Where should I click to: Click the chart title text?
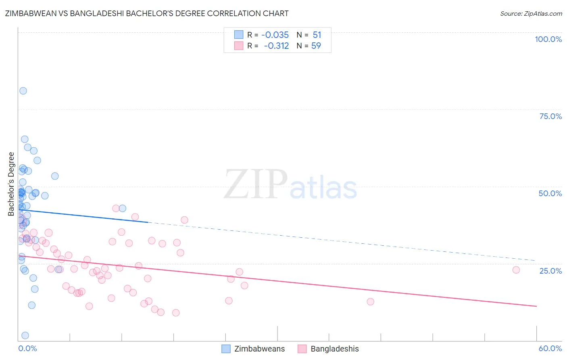click(x=147, y=13)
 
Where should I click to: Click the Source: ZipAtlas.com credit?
click(x=531, y=14)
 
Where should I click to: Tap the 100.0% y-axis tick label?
click(x=548, y=39)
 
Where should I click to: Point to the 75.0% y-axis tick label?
click(x=550, y=116)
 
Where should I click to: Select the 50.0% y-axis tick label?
click(x=550, y=193)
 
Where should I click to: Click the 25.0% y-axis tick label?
click(x=550, y=271)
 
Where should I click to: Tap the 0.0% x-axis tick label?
click(x=27, y=348)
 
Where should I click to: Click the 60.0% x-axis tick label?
click(x=550, y=348)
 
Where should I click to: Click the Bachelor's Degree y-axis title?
click(x=11, y=184)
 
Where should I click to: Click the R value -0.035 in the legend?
click(x=275, y=35)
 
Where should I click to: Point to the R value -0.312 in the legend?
click(x=276, y=46)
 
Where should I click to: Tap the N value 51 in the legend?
click(x=317, y=35)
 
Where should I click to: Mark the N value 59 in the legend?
click(x=316, y=46)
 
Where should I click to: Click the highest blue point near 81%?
click(x=23, y=91)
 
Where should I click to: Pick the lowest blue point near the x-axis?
click(x=25, y=335)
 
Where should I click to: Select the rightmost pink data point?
click(x=516, y=270)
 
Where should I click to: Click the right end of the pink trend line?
click(x=536, y=306)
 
